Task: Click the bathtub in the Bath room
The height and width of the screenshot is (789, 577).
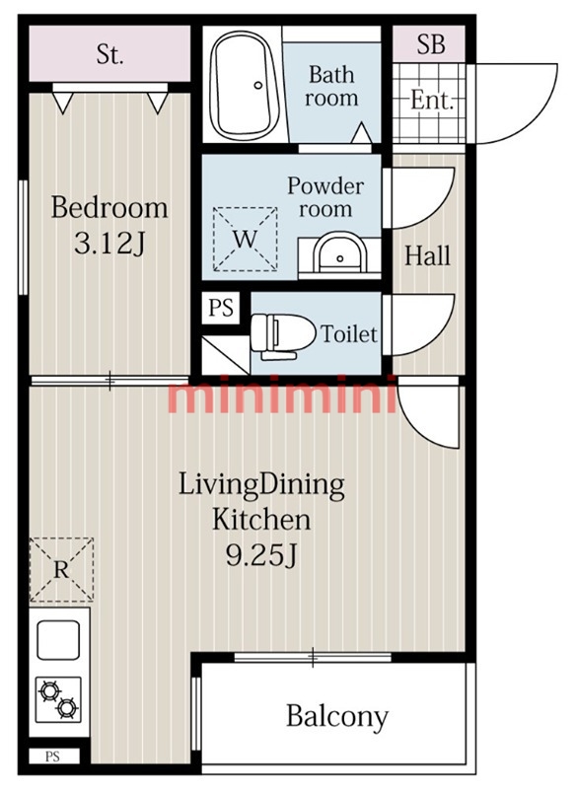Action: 245,86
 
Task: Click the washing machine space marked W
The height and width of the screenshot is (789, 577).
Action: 245,239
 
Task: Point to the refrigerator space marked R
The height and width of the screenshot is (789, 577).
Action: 61,569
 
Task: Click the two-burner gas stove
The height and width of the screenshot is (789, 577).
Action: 58,699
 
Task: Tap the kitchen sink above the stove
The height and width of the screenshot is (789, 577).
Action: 58,639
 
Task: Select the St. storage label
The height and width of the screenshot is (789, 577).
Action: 109,54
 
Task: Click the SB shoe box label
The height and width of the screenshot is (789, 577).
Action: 431,44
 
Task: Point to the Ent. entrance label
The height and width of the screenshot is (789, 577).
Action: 433,100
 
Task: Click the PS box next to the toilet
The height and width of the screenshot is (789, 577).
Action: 221,308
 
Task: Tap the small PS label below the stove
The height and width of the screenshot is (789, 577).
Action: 53,756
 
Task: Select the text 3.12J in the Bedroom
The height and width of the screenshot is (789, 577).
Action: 109,244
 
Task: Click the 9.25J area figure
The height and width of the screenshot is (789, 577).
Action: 261,556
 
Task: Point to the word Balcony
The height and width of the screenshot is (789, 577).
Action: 337,717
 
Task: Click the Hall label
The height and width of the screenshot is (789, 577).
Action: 428,255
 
